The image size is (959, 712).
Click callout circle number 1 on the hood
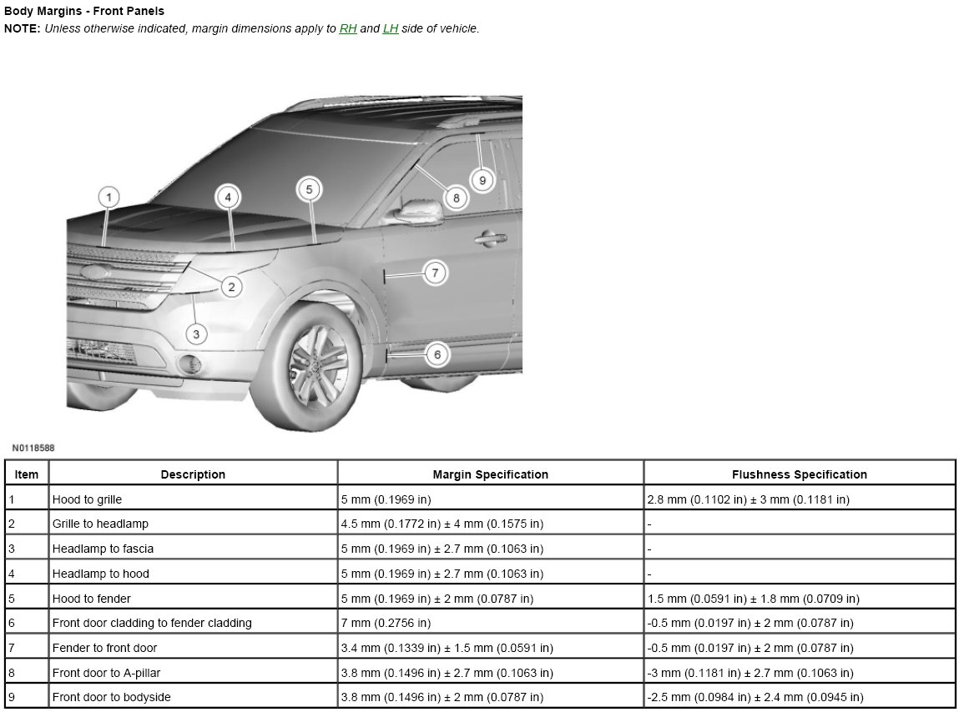tap(108, 198)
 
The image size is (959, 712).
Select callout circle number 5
tap(309, 189)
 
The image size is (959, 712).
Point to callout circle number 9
tap(482, 179)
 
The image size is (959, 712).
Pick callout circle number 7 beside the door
tap(435, 273)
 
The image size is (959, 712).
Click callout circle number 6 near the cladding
tap(437, 354)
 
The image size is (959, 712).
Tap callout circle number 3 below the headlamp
tap(195, 334)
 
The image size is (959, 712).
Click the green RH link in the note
tap(348, 28)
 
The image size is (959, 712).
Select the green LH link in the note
tap(391, 28)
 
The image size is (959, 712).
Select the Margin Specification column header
tap(490, 474)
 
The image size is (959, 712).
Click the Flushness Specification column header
tap(799, 474)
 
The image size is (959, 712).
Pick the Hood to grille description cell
tap(87, 499)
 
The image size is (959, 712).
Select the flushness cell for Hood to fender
tap(753, 599)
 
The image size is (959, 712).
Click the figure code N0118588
tap(33, 449)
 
